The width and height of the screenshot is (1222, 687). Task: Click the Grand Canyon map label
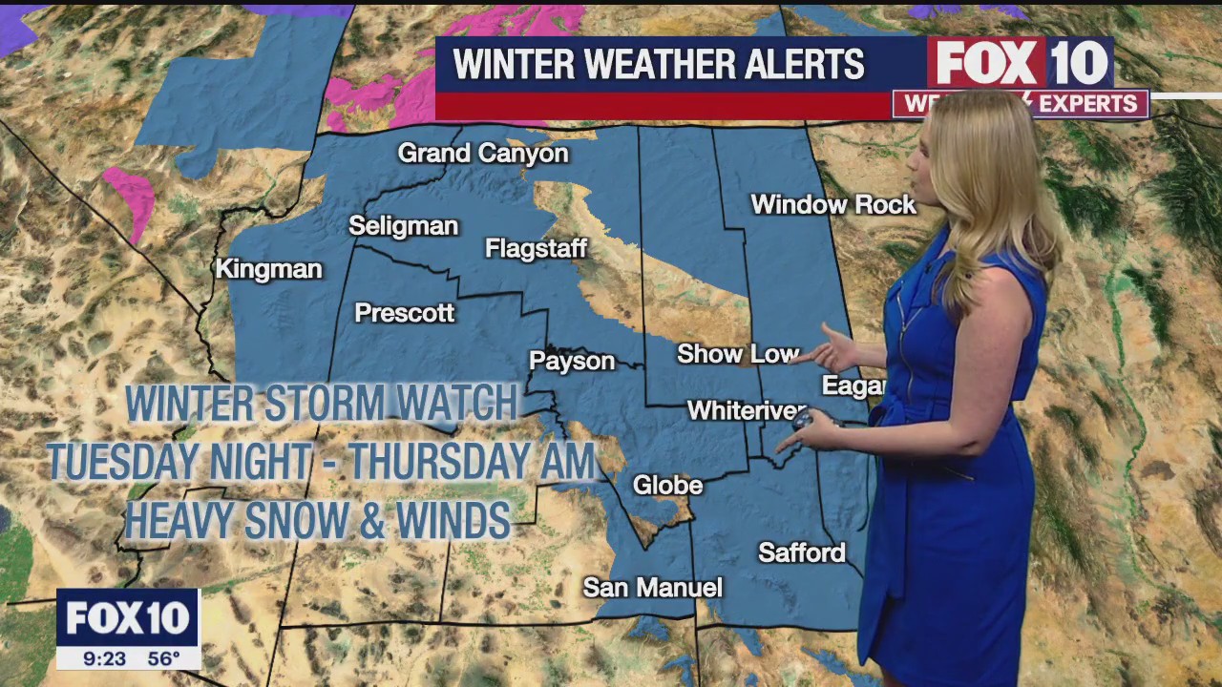(483, 153)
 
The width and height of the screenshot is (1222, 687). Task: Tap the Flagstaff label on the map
(536, 249)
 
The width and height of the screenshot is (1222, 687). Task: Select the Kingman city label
(268, 269)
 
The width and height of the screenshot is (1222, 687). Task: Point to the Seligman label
(403, 226)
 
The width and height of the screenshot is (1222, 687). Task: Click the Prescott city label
(404, 313)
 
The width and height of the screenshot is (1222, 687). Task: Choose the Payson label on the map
(572, 361)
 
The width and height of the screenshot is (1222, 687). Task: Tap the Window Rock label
(832, 204)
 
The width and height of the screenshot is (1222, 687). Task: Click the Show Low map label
(737, 354)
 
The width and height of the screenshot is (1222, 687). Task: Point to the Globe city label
(667, 486)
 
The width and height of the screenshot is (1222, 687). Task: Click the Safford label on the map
(802, 552)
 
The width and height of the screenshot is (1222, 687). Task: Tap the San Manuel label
(653, 588)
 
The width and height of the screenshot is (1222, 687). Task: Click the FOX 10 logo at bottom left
(128, 619)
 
